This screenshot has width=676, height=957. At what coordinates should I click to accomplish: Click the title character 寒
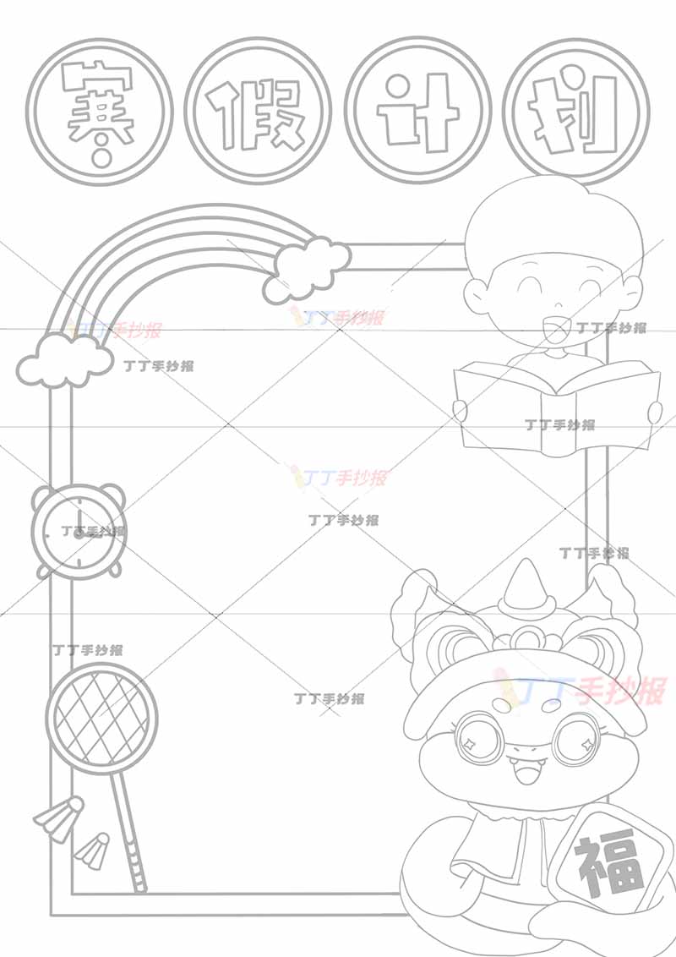(99, 113)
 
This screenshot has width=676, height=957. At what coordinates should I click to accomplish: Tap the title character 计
(417, 113)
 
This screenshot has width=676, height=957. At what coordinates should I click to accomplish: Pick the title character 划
(574, 115)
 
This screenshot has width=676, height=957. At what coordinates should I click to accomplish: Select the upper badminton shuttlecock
(59, 818)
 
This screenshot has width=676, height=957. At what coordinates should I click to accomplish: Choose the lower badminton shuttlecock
(92, 850)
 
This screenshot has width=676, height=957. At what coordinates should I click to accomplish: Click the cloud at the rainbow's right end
(307, 269)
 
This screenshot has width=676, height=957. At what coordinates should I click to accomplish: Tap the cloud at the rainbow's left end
(63, 361)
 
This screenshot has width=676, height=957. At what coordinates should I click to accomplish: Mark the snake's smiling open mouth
(525, 775)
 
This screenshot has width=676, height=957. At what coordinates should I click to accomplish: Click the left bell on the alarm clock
(45, 495)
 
